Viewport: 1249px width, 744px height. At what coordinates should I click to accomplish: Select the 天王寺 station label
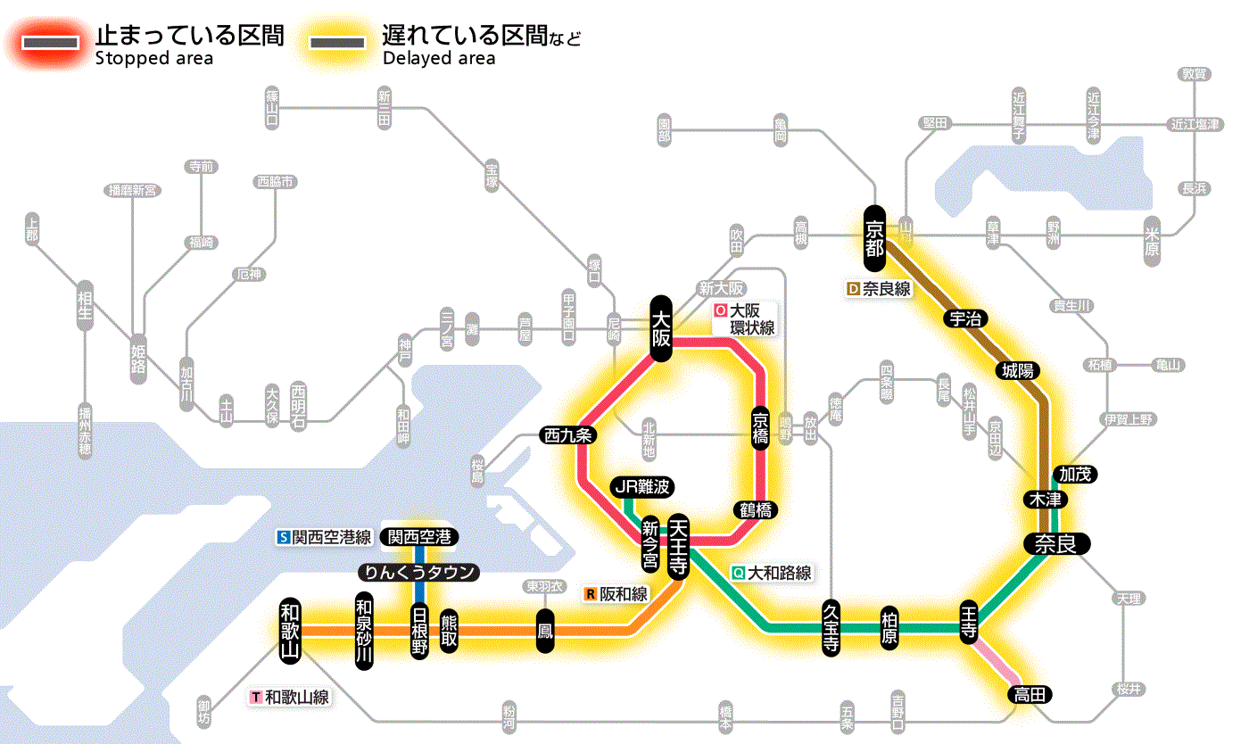point(677,546)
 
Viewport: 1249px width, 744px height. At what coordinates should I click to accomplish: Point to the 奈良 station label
point(1055,544)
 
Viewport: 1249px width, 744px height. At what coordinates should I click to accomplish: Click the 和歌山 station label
point(291,630)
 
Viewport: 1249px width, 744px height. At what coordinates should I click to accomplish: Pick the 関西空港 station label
point(419,537)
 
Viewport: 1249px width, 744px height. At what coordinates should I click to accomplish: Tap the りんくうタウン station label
point(419,572)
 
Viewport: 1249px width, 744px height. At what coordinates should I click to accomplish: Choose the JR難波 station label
point(641,487)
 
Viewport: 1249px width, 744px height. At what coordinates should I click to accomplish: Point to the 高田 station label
point(1030,694)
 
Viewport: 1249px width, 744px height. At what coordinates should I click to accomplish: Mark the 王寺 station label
point(970,622)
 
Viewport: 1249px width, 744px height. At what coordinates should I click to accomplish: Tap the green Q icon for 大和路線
point(738,573)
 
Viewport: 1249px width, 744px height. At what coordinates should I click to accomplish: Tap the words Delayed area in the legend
point(438,59)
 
